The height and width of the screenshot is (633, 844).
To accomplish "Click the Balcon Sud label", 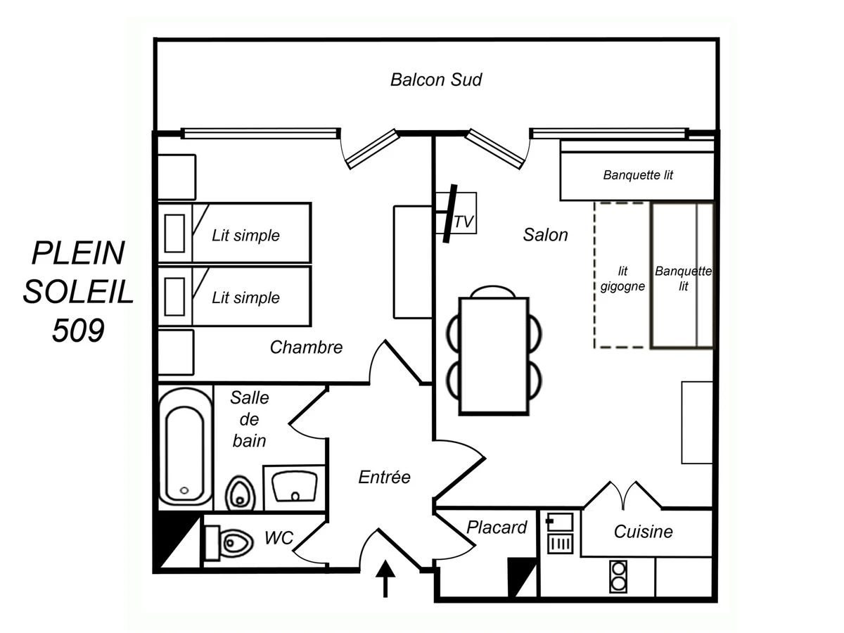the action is (x=436, y=80).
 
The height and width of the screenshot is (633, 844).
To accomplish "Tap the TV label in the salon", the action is (x=464, y=222).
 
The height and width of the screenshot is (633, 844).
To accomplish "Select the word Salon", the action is (x=545, y=234).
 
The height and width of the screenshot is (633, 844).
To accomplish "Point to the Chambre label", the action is (x=306, y=347).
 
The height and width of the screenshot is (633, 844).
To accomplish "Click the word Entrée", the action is (x=384, y=477).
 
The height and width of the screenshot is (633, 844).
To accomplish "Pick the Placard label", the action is (x=497, y=527).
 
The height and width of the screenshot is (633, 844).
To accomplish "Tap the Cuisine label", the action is (x=644, y=532).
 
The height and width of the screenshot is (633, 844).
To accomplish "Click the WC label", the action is (x=279, y=537).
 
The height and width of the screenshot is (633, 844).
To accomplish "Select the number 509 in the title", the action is (x=79, y=330).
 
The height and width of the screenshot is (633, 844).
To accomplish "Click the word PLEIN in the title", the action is (x=78, y=253).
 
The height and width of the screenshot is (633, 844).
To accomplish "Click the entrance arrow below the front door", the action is (x=385, y=579).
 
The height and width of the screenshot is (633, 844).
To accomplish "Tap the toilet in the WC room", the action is (x=229, y=544).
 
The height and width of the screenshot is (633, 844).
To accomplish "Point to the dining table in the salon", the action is (x=494, y=355).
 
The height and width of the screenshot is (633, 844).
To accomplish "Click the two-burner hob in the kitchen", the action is (x=618, y=576).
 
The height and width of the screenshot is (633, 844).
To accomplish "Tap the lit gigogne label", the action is (x=622, y=279).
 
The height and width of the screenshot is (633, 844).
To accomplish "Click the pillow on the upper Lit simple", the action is (x=174, y=234).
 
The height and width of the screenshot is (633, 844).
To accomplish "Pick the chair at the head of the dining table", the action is (x=493, y=292).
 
